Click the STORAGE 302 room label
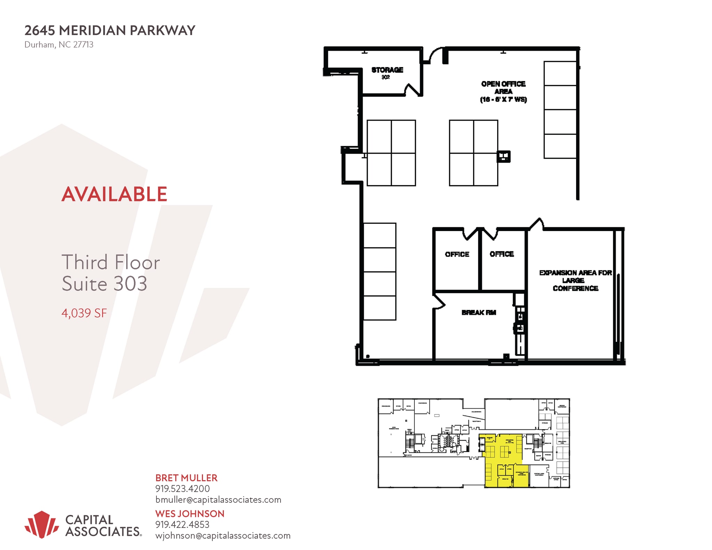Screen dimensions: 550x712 coord(387,72)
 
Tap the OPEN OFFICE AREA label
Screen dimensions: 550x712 coord(503,91)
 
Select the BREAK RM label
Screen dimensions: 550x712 coord(479,312)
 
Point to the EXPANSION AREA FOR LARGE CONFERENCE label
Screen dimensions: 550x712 coord(575,280)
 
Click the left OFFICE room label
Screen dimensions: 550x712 coord(457,254)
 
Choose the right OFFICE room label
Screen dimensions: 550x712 coord(502,254)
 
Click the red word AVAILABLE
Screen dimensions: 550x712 coord(114,194)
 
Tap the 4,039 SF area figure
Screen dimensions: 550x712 coord(84,313)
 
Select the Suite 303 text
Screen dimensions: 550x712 coord(104,284)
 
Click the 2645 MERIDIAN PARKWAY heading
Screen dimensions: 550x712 coord(110,31)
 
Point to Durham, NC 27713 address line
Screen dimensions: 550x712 coord(59,45)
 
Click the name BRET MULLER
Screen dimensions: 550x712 coord(186,478)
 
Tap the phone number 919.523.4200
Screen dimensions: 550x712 coord(183,489)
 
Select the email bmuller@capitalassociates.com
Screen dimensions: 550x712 coord(218,500)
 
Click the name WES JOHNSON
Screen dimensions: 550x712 coord(190,514)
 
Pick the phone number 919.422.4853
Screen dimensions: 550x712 coord(183,524)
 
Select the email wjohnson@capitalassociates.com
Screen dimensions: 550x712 coord(223,535)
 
